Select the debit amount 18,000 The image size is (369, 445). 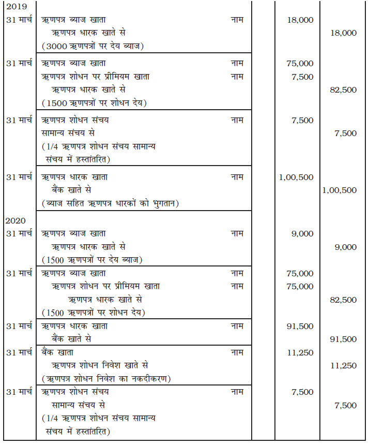point(300,20)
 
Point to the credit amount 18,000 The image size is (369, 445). point(343,33)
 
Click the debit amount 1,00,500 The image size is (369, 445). point(296,177)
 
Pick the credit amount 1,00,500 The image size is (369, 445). point(339,190)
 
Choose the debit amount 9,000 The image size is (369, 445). point(302,233)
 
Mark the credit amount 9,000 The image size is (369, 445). point(345,247)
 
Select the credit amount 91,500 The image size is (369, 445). point(343,339)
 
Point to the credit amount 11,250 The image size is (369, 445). point(343,365)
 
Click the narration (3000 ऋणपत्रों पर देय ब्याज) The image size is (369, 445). point(93,46)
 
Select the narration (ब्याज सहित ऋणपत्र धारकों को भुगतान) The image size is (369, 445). point(110,203)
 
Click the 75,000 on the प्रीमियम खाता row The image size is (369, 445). point(300,286)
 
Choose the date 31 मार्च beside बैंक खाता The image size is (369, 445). point(19,352)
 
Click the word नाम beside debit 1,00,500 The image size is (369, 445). point(237,177)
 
